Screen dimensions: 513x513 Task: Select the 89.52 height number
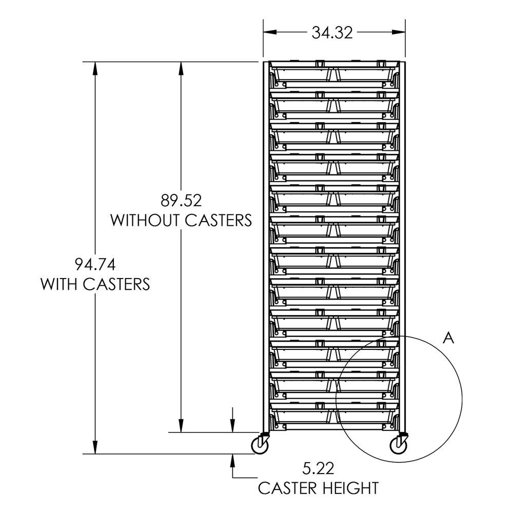point(181,199)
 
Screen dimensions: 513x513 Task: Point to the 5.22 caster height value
point(318,468)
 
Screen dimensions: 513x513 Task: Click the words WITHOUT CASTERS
point(181,220)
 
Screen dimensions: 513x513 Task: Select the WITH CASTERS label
point(95,284)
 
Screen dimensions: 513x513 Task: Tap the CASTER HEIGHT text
point(318,487)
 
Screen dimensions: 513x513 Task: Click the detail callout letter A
point(449,338)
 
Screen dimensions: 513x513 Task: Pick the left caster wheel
point(261,446)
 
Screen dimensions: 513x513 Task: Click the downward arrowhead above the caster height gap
point(233,426)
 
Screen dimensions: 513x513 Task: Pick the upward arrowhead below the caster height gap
point(233,460)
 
